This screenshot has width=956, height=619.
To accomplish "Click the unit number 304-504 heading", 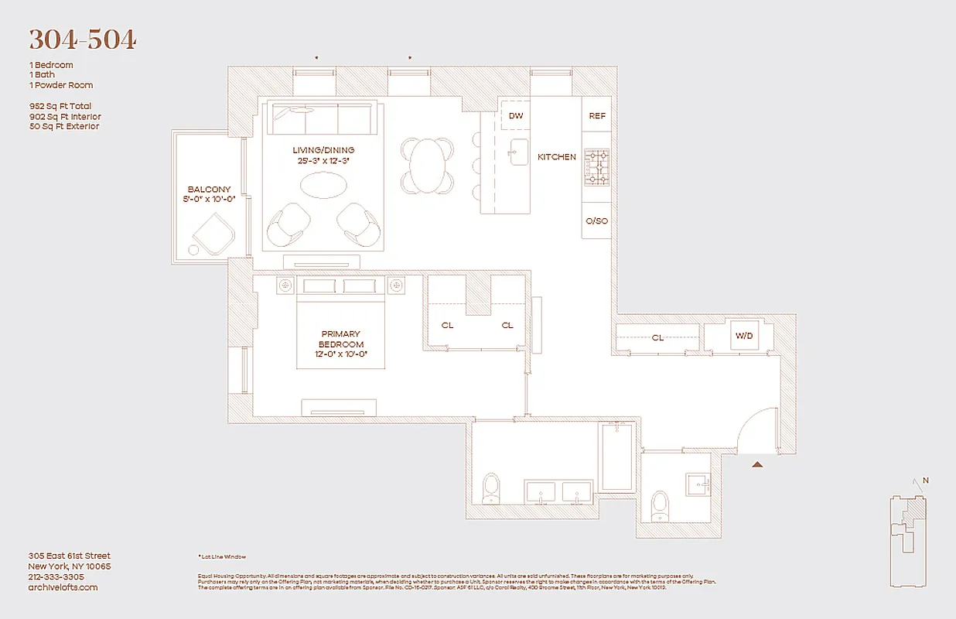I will pyautogui.click(x=83, y=39).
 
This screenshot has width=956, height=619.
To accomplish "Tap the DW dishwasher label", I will pyautogui.click(x=516, y=116).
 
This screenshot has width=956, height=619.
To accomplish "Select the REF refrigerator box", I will pyautogui.click(x=597, y=116).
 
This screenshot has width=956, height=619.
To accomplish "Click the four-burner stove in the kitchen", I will pyautogui.click(x=596, y=168).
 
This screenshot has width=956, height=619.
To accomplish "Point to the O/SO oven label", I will pyautogui.click(x=596, y=221).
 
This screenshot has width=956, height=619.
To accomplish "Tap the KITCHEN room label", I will pyautogui.click(x=557, y=157).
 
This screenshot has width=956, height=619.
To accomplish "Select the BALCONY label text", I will pyautogui.click(x=209, y=190).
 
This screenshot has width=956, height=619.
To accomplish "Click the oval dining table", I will pyautogui.click(x=427, y=166).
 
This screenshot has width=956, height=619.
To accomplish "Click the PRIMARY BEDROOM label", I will pyautogui.click(x=340, y=339).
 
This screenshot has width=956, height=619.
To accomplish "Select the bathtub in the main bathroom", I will pyautogui.click(x=617, y=457).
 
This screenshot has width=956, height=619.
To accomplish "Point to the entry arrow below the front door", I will pyautogui.click(x=758, y=464).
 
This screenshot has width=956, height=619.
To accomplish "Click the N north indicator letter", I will pyautogui.click(x=926, y=480).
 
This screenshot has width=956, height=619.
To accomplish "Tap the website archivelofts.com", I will pyautogui.click(x=63, y=587).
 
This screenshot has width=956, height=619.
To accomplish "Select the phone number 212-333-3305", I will pyautogui.click(x=56, y=576).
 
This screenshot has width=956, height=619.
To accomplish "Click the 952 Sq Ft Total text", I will pyautogui.click(x=65, y=106).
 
